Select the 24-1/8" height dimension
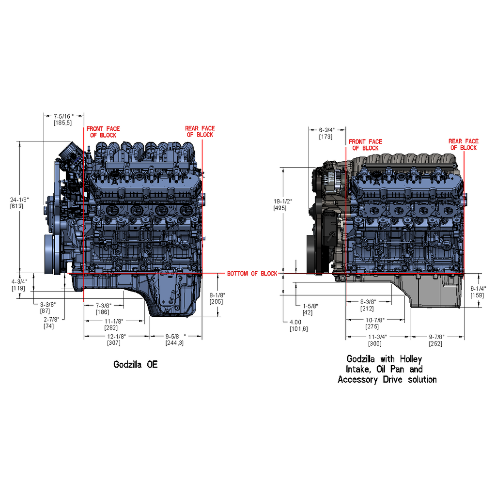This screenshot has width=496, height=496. (19, 200)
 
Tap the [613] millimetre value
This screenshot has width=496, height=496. (16, 206)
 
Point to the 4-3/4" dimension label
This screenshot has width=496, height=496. (19, 281)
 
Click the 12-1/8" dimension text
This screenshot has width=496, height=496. (116, 336)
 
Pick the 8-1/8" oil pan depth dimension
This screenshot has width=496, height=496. (217, 295)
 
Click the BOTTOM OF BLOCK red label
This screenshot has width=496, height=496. (252, 274)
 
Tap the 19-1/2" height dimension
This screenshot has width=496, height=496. (283, 201)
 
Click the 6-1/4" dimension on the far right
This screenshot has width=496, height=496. (478, 289)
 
